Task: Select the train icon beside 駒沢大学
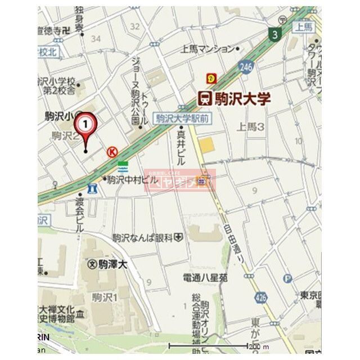coord(205,99)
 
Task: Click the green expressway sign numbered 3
coord(274,34)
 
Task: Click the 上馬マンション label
coord(206,49)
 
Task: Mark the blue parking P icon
coord(289,278)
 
